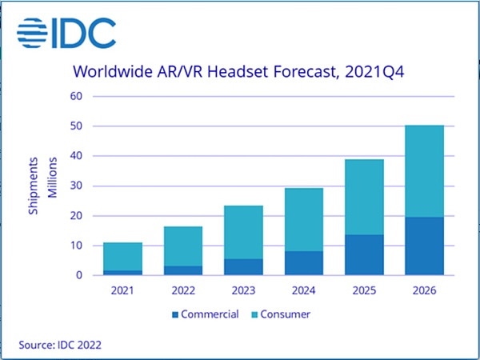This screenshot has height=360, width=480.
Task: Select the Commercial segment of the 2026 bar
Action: pyautogui.click(x=424, y=246)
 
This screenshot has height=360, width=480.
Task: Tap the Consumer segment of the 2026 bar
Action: pyautogui.click(x=424, y=170)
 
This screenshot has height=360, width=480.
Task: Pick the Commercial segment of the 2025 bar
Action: pyautogui.click(x=364, y=254)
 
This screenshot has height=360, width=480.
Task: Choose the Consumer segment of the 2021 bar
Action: pyautogui.click(x=123, y=256)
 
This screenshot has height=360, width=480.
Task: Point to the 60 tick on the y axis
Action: pyautogui.click(x=76, y=97)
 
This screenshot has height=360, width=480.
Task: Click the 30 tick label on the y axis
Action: pyautogui.click(x=76, y=186)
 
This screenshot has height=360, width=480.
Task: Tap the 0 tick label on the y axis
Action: pyautogui.click(x=79, y=275)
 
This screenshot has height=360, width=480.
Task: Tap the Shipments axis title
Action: pyautogui.click(x=34, y=186)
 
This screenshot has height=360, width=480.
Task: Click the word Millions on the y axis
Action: pyautogui.click(x=54, y=186)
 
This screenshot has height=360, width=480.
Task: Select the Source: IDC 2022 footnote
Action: pyautogui.click(x=60, y=345)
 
